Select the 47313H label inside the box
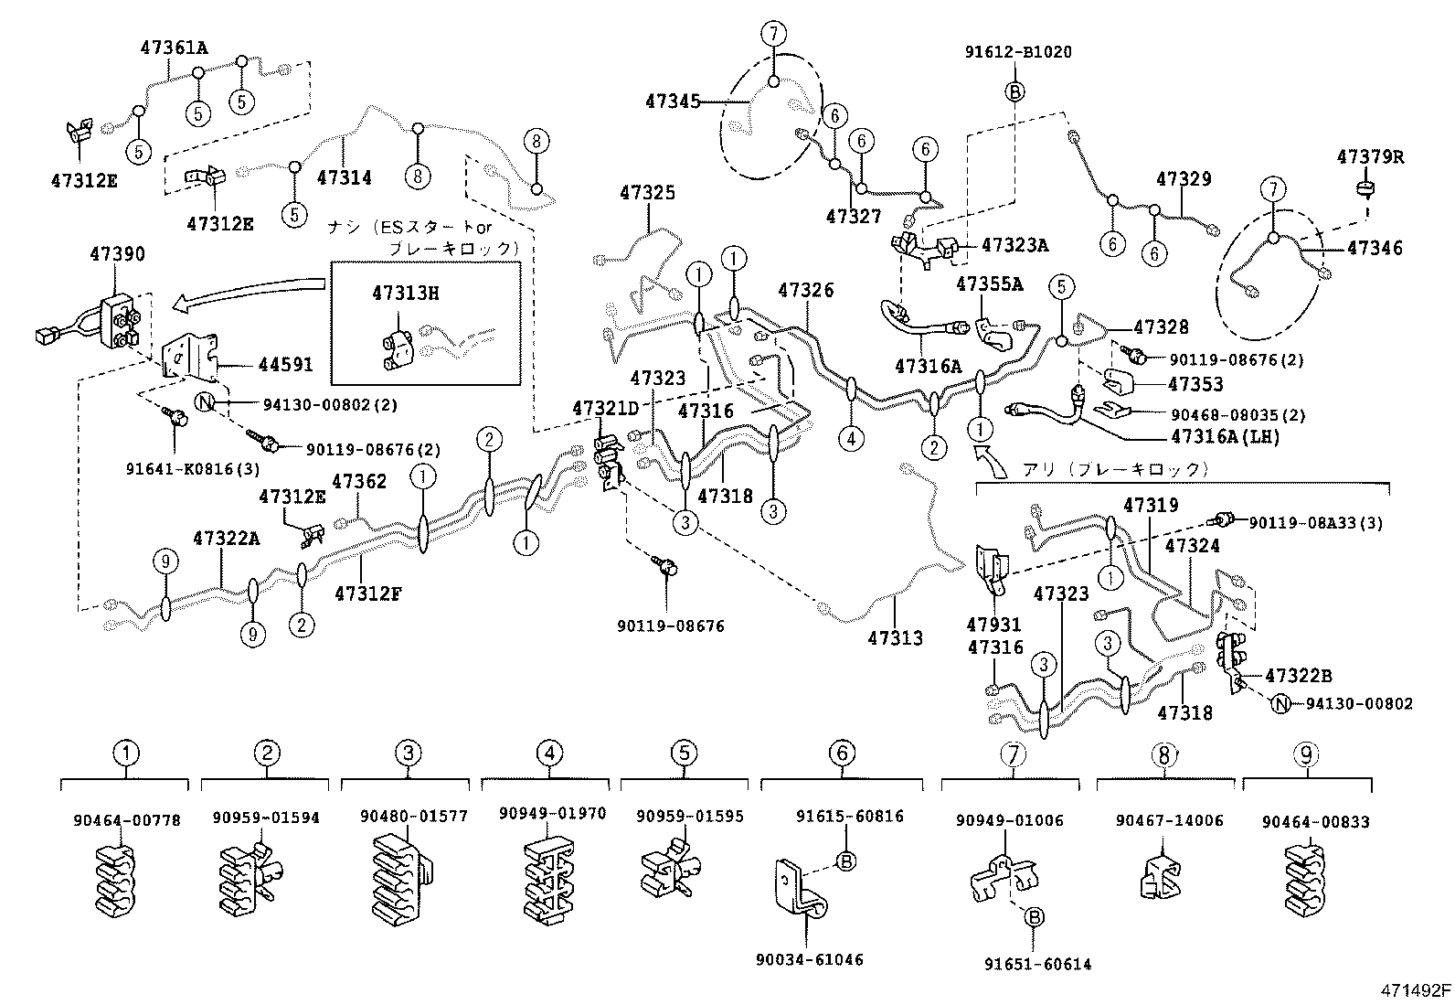[405, 293]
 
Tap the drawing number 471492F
[1415, 990]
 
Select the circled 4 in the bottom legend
[548, 754]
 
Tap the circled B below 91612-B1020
[1015, 91]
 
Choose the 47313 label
[895, 638]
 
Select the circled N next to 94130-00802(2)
[206, 403]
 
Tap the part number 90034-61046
[809, 959]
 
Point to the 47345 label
[673, 102]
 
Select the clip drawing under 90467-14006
[1160, 877]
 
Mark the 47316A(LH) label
[1225, 437]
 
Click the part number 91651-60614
[1037, 964]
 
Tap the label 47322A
[226, 539]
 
